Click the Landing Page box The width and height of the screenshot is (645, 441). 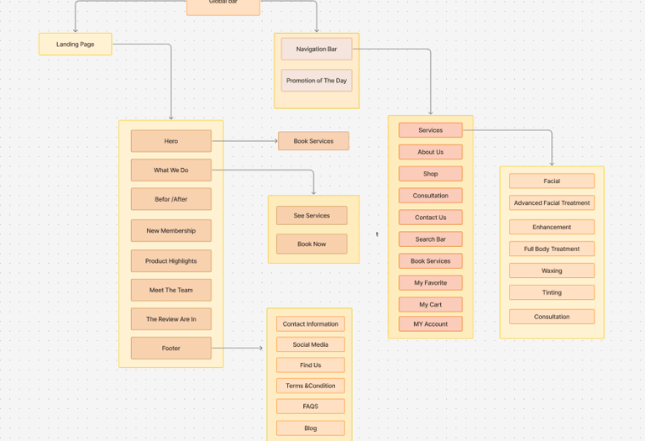coord(75,44)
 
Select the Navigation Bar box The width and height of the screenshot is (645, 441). coord(316,50)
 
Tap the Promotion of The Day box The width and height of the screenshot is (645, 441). coord(316,81)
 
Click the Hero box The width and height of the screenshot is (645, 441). coord(170,141)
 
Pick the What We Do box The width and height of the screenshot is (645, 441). coord(170,170)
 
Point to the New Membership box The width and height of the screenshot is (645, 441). coord(170,231)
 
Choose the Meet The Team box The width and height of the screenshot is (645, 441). coord(170,290)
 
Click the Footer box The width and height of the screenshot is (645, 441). coord(170,348)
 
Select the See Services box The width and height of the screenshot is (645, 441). coord(311,216)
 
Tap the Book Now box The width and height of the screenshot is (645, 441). coord(311,244)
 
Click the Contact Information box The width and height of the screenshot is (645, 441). coord(310,324)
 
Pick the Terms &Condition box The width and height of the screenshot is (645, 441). coord(310,386)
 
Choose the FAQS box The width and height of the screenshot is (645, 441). coord(310,407)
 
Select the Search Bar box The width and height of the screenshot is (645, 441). coord(430,239)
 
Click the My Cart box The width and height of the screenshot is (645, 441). coord(430,304)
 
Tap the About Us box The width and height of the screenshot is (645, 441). coord(430,152)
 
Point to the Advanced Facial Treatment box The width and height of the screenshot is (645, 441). coord(551,202)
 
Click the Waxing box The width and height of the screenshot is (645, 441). coord(551,270)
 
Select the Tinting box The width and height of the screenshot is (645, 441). coord(551,292)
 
